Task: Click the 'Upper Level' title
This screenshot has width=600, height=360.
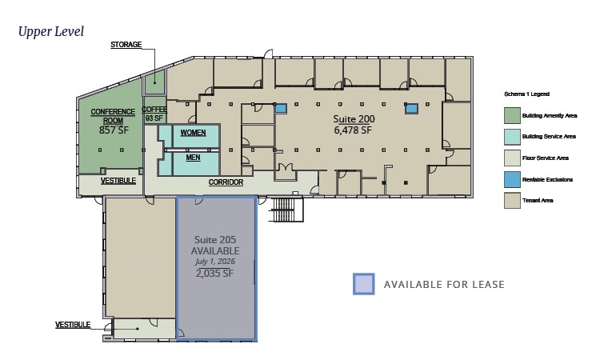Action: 51,32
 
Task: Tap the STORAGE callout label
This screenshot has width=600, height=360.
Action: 126,45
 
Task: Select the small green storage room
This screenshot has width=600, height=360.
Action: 154,82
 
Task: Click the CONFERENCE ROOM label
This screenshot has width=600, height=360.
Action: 113,116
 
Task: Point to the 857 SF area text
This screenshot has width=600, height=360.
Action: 114,130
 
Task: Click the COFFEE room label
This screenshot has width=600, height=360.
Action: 154,110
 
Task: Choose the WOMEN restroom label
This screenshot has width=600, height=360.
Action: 194,133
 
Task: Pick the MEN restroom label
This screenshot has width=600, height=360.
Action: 194,158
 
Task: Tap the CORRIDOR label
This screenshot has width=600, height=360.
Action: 226,182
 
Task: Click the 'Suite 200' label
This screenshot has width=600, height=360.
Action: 354,119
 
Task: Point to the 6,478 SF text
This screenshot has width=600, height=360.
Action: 353,130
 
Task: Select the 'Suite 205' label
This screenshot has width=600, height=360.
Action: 215,240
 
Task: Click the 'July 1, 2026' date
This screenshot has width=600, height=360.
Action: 215,262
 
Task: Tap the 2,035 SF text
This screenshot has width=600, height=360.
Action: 214,273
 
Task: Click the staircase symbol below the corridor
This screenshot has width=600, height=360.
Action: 287,210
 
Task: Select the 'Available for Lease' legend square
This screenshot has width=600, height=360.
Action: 363,284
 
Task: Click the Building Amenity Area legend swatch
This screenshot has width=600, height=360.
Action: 512,115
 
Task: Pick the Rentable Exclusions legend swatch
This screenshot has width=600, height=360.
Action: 512,179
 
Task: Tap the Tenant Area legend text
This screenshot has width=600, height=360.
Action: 538,201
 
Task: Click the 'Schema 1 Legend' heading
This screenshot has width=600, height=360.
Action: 527,94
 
